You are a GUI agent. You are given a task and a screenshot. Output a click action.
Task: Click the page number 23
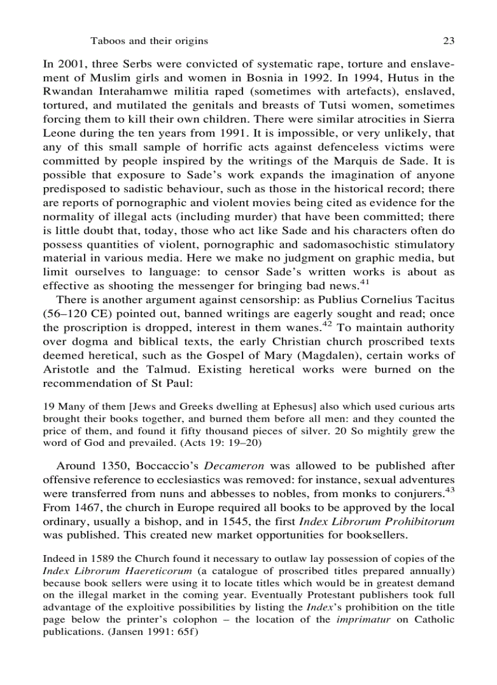[x=449, y=41]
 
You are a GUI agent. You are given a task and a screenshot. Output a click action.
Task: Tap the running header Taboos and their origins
[x=149, y=41]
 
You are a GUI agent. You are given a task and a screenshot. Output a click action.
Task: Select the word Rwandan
[x=69, y=92]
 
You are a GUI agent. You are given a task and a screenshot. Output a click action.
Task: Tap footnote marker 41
[x=365, y=280]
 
